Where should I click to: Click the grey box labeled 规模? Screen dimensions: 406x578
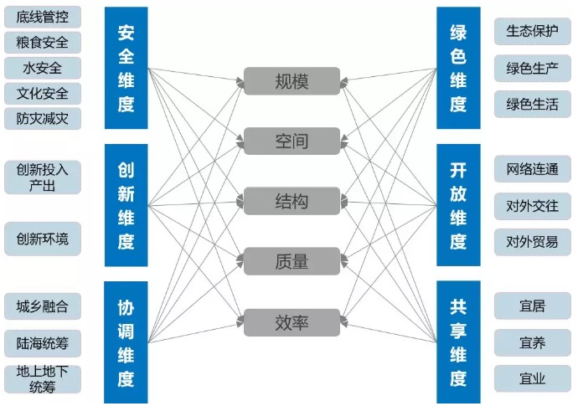coord(292,81)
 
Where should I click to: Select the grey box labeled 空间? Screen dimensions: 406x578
coord(292,141)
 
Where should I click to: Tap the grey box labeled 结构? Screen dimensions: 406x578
coord(292,202)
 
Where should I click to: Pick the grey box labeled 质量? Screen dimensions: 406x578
coord(292,262)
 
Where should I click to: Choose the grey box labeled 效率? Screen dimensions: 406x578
coord(292,322)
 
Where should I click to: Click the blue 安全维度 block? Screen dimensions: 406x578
coord(126,69)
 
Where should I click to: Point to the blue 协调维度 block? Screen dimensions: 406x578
coord(126,342)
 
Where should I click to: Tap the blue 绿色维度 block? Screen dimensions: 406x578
coord(458,69)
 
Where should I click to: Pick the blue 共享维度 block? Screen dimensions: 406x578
coord(458,342)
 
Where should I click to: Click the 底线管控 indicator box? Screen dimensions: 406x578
coord(43,17)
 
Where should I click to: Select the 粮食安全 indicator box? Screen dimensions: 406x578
coord(43,42)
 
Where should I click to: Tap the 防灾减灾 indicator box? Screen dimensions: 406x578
coord(43,118)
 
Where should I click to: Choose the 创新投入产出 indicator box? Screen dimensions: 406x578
coord(43,177)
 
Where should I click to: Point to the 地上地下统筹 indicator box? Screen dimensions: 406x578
coord(43,378)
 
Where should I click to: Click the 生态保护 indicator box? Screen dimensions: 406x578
coord(532,32)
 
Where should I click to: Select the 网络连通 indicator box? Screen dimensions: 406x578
coord(532,169)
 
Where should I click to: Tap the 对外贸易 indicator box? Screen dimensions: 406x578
coord(532,242)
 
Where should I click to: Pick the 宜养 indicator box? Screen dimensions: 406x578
coord(532,342)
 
